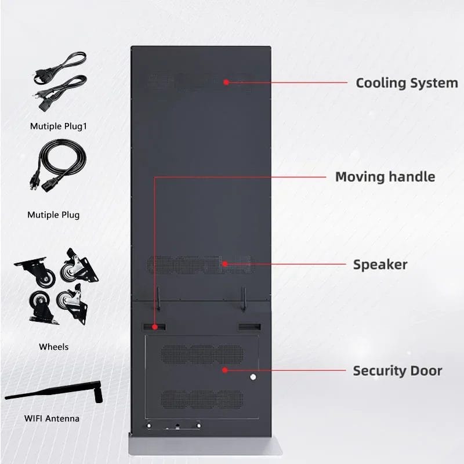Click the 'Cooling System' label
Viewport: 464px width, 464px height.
click(407, 83)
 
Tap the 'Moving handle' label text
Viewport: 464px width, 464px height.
click(385, 177)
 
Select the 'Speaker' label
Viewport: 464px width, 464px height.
click(380, 264)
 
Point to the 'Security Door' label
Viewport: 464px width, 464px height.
click(397, 371)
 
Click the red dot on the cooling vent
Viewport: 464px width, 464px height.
click(226, 82)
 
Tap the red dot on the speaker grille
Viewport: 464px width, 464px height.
click(225, 264)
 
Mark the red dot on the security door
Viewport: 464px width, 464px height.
click(225, 370)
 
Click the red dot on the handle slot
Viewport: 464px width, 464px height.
click(154, 327)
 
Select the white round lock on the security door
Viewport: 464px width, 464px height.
click(253, 377)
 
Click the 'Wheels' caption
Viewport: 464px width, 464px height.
click(53, 347)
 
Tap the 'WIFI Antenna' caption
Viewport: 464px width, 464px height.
click(52, 418)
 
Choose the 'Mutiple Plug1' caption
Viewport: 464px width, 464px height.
click(59, 126)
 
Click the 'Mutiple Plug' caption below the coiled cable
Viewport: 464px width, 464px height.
click(53, 215)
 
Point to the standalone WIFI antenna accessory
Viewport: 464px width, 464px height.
click(54, 392)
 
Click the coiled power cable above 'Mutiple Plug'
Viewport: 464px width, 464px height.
click(58, 165)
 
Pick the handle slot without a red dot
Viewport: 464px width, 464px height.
click(249, 327)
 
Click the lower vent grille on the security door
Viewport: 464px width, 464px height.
click(203, 399)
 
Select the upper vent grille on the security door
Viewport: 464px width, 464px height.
click(203, 354)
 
